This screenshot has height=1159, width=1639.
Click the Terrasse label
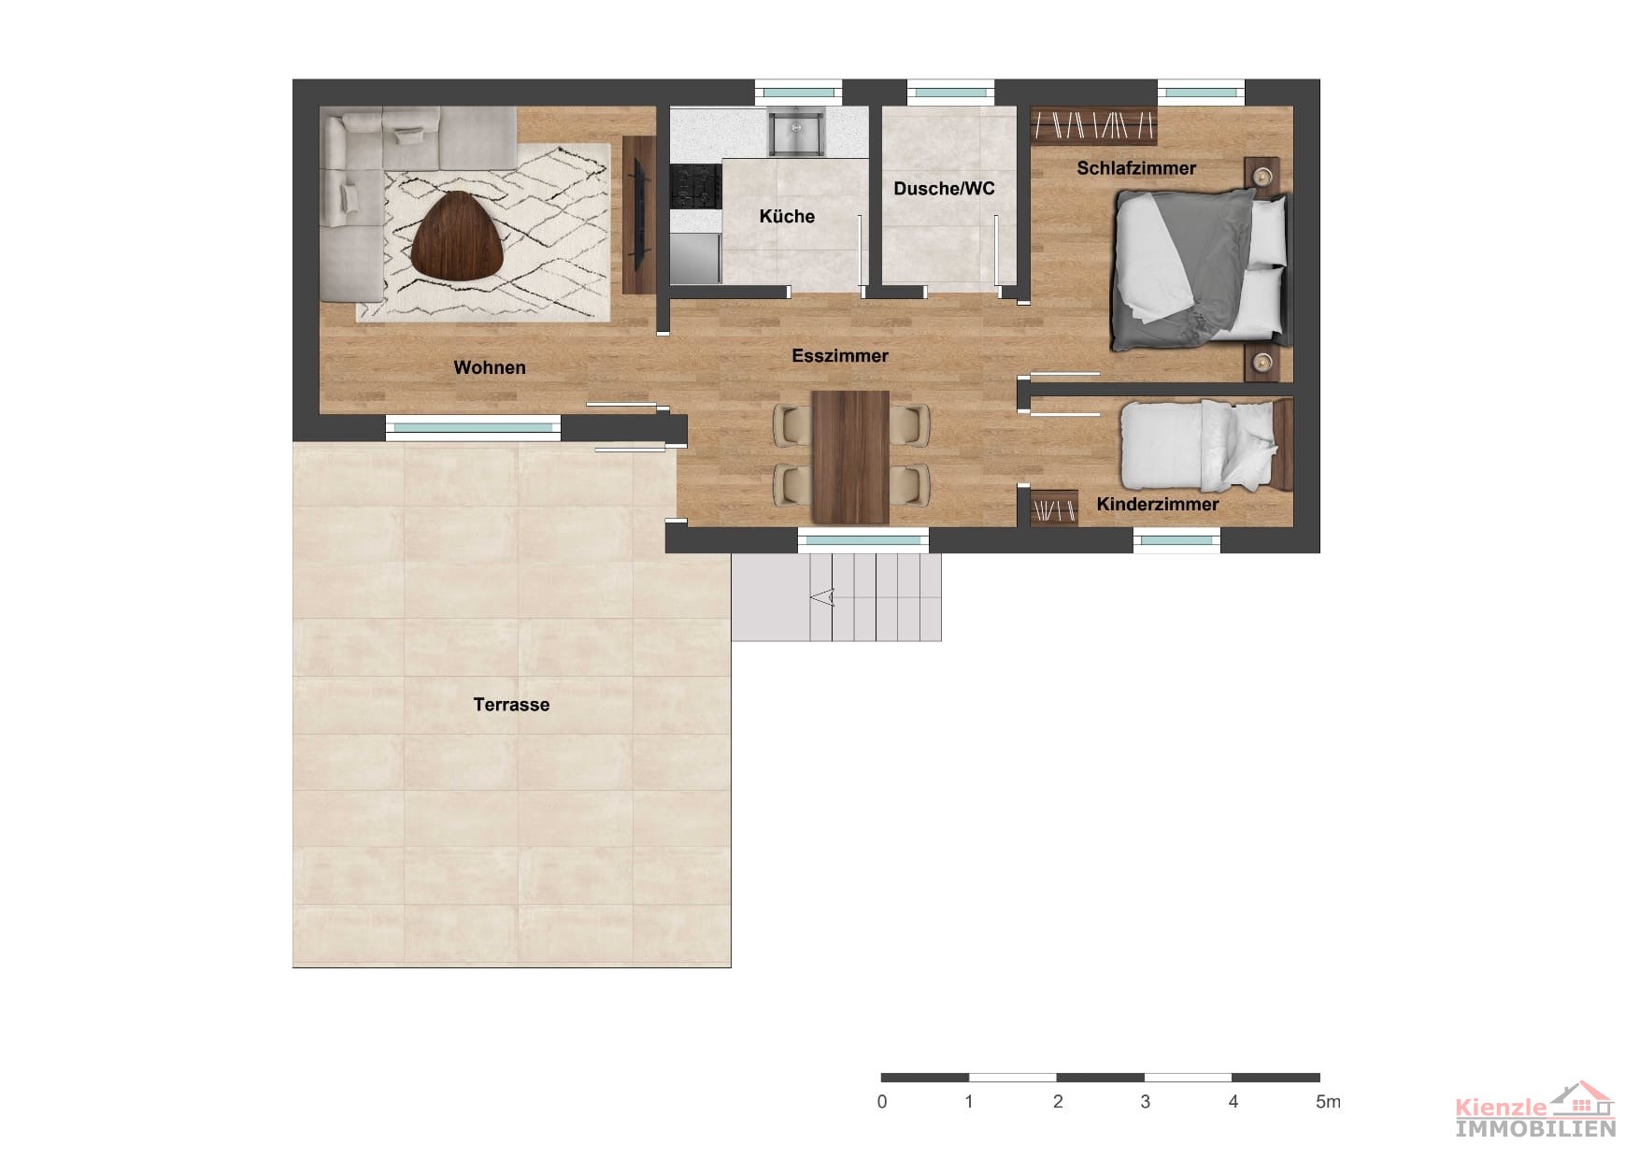[x=511, y=705]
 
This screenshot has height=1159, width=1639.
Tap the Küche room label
[x=787, y=216]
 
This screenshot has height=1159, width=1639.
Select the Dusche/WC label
[x=944, y=188]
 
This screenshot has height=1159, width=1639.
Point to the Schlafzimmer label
[x=1136, y=168]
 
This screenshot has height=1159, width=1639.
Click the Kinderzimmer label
[x=1158, y=504]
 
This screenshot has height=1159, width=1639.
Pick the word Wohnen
[x=490, y=367]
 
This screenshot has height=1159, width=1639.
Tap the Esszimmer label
[x=840, y=355]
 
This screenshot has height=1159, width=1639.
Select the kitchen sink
[x=795, y=132]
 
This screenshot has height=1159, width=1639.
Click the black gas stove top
[x=696, y=186]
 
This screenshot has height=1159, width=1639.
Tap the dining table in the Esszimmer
[x=850, y=457]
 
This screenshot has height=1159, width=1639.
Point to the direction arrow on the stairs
[x=822, y=596]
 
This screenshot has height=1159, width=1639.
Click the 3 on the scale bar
[x=1146, y=1102]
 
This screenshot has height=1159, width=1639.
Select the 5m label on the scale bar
[x=1328, y=1102]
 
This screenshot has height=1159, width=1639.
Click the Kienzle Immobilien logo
[x=1535, y=1109]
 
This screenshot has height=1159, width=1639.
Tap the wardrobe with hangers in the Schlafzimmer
[x=1093, y=125]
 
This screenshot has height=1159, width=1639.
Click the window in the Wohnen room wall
[x=473, y=427]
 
